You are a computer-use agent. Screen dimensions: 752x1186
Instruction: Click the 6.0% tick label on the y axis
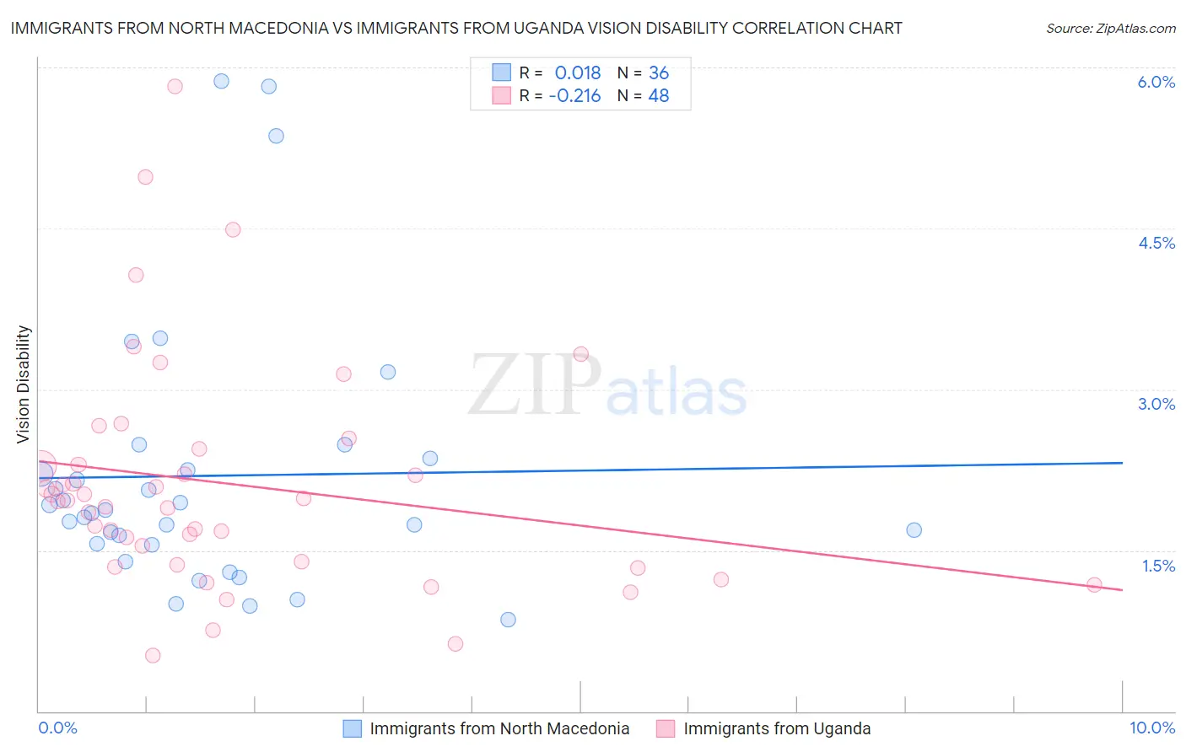tap(1156, 82)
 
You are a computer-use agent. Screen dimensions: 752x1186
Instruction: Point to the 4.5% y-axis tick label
tap(1156, 243)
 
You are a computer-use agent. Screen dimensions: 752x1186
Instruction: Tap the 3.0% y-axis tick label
tap(1156, 404)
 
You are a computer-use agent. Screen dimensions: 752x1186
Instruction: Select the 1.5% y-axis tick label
tap(1158, 566)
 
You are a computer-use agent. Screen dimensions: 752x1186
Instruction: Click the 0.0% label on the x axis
tap(57, 728)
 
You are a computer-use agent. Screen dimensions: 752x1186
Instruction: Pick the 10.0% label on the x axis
tap(1152, 728)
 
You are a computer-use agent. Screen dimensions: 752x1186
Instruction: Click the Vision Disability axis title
tap(24, 384)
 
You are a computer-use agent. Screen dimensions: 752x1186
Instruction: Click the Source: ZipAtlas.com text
tap(1110, 28)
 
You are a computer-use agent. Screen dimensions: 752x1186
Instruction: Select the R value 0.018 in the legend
tap(578, 73)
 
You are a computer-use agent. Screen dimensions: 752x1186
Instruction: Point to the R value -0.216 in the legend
tap(574, 96)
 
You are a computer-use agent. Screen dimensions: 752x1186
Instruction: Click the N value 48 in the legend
tap(658, 96)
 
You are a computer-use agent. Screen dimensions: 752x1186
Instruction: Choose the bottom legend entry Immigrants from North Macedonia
tap(499, 728)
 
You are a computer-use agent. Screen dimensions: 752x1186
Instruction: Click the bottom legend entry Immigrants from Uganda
tap(777, 728)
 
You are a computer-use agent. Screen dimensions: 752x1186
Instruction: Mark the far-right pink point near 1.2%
tap(1094, 585)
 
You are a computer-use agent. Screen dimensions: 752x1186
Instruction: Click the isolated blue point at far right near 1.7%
tap(914, 530)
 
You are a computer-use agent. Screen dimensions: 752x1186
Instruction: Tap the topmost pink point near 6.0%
tap(175, 86)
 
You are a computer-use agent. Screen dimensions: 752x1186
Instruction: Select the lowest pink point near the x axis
tap(153, 655)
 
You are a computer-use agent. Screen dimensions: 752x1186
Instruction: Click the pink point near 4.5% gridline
tap(233, 229)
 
